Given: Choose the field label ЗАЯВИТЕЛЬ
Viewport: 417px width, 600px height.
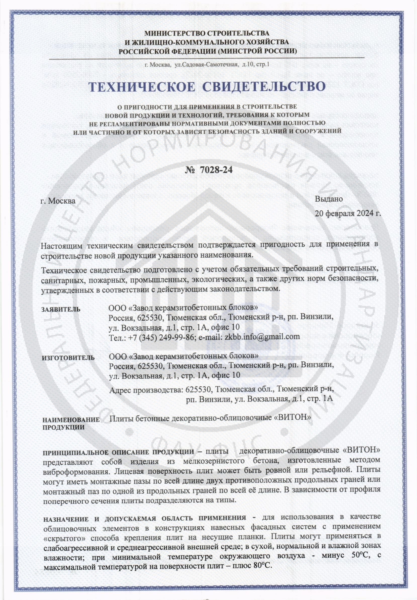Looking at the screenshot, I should point(61,310).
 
